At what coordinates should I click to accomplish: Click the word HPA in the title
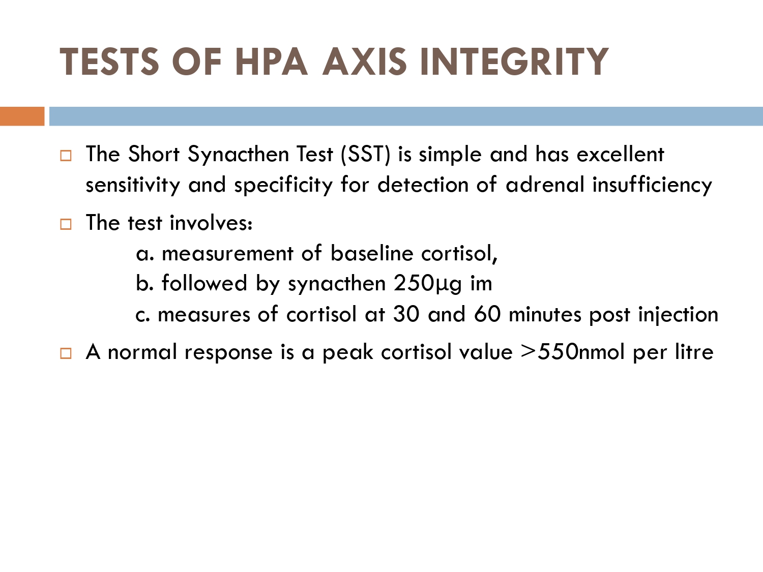[272, 62]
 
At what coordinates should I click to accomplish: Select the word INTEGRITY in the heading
[514, 62]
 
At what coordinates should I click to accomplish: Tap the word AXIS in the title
[364, 62]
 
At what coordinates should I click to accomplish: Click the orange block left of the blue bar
[22, 116]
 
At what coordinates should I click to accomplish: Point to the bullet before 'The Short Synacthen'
[66, 155]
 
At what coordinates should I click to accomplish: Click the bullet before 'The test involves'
[66, 224]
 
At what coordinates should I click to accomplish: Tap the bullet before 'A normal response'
[66, 353]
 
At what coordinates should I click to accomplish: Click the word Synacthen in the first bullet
[238, 155]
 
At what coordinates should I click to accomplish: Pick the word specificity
[283, 185]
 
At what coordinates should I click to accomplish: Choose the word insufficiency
[652, 185]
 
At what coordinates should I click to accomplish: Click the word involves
[211, 223]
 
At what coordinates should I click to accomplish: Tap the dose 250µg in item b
[428, 284]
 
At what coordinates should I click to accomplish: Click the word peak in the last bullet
[348, 353]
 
